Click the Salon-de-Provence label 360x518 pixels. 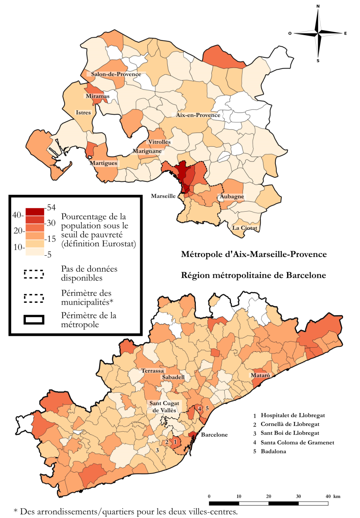click(116, 74)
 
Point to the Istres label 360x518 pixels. click(84, 112)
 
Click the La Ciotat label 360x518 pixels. click(245, 228)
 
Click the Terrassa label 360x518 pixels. click(153, 370)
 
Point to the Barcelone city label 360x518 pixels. click(214, 434)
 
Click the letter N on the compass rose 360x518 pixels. click(318, 7)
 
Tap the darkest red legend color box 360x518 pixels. click(35, 211)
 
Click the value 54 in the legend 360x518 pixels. click(50, 208)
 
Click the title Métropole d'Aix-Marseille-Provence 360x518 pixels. click(254, 255)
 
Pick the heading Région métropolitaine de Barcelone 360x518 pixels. click(254, 275)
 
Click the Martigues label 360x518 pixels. click(104, 163)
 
